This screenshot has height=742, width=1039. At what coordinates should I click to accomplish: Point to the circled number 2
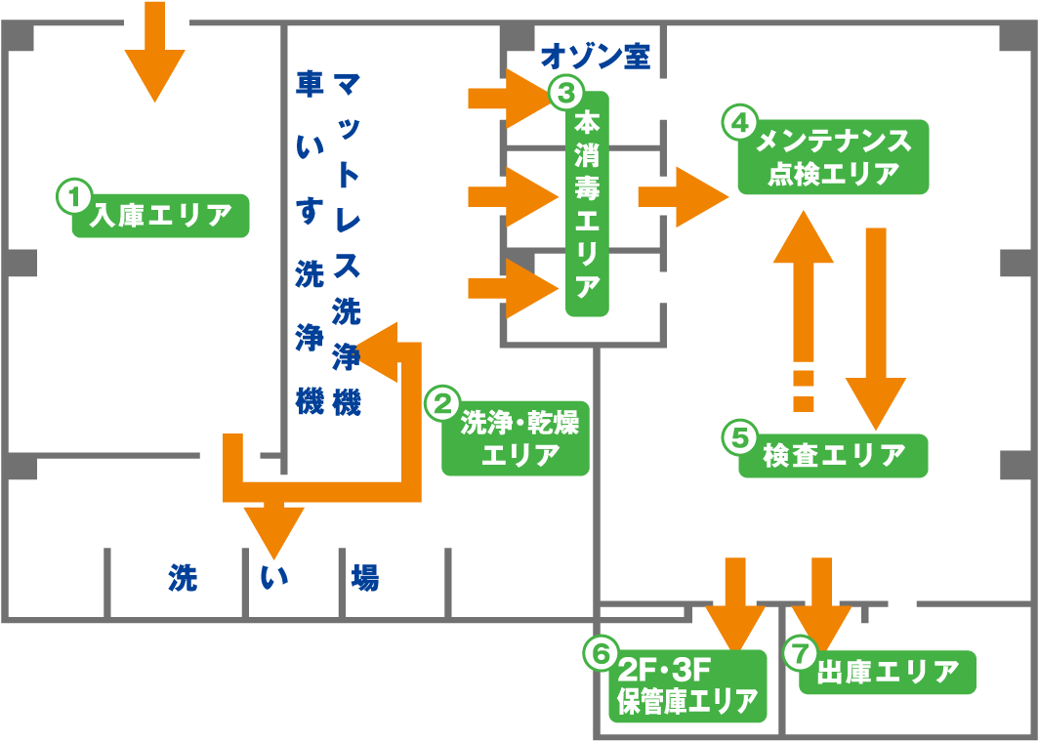tap(441, 403)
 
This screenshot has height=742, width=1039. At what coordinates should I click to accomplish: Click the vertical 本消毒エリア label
tap(587, 204)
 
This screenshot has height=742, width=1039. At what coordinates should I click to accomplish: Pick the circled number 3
tap(565, 94)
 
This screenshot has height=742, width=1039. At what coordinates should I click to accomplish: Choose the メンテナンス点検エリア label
tap(833, 157)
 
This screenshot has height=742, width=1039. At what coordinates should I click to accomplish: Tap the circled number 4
tap(738, 122)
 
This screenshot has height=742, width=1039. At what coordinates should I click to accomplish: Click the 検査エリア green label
tap(833, 454)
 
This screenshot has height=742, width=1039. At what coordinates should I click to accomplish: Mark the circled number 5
tap(739, 436)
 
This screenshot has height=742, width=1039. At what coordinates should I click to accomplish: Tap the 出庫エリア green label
tap(888, 672)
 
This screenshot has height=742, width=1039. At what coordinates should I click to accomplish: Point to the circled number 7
tap(800, 651)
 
